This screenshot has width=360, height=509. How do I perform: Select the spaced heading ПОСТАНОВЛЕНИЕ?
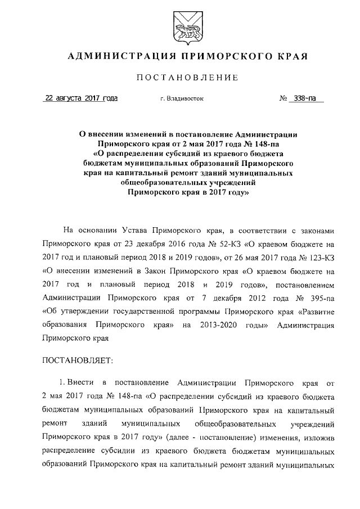(x=179, y=77)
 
